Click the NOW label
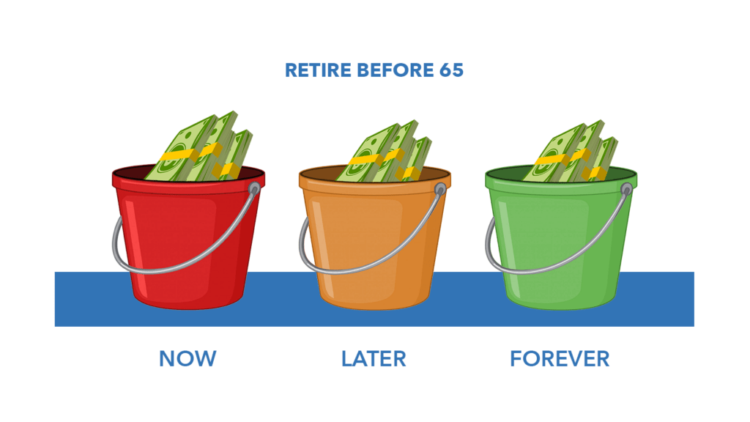(187, 359)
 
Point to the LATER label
(374, 359)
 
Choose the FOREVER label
(560, 359)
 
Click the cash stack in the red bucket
(198, 148)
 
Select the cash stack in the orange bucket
(384, 153)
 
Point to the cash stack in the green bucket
(570, 153)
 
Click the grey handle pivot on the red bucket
(254, 188)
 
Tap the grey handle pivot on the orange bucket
(440, 190)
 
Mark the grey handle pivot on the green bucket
(627, 190)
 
